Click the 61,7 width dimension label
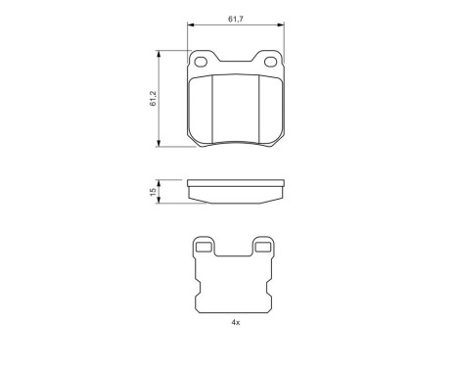pos(235,18)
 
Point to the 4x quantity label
pos(235,322)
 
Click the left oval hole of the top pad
pos(203,64)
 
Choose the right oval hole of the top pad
pos(268,64)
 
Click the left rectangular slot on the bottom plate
pos(204,248)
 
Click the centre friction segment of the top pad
pos(236,108)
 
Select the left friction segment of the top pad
pos(201,108)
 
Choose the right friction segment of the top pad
pos(271,108)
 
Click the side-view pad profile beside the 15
pos(235,190)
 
